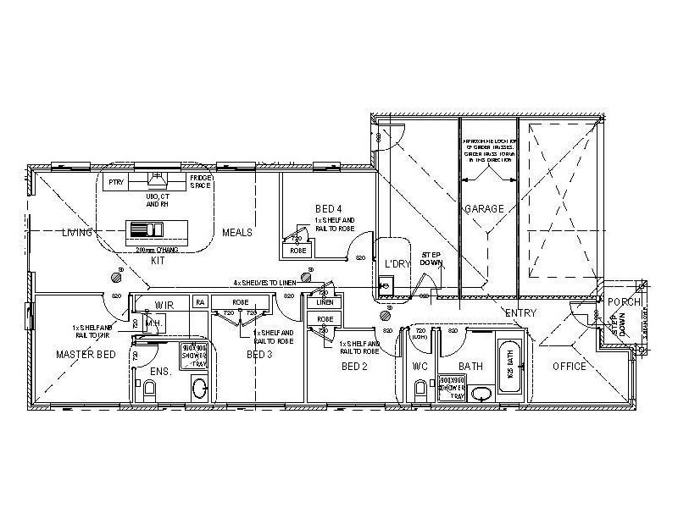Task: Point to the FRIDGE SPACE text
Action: [x=200, y=181]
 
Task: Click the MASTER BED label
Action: [x=86, y=354]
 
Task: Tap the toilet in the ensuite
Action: [x=150, y=389]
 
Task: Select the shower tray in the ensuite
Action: [x=194, y=355]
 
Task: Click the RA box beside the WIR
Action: [x=200, y=301]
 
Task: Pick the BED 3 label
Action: [x=258, y=355]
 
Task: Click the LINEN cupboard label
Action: [x=325, y=302]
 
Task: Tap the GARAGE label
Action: [x=484, y=208]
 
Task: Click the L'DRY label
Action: [x=397, y=263]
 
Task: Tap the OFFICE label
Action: [x=570, y=367]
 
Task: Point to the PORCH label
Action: [x=625, y=302]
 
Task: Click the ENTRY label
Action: [x=520, y=313]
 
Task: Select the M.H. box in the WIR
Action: [x=153, y=323]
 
